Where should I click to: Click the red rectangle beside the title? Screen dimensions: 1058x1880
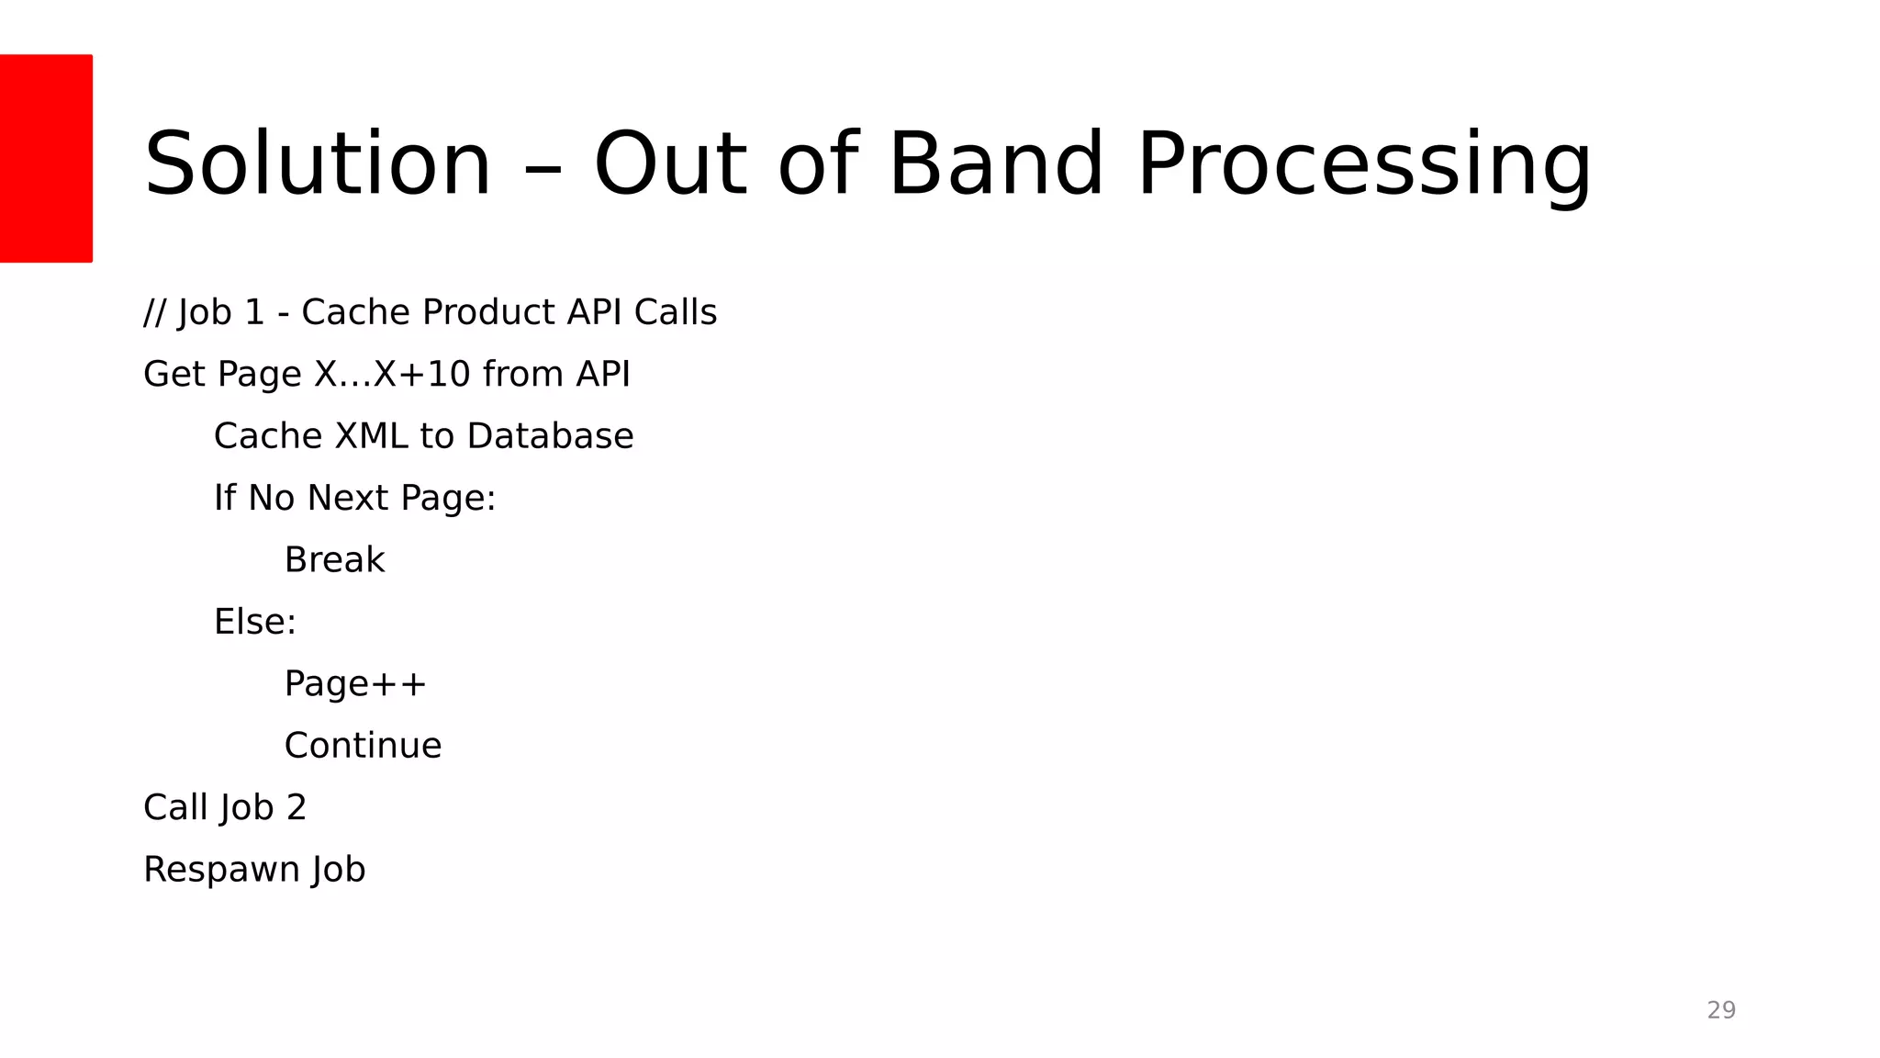click(46, 158)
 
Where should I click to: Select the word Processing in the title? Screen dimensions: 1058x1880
click(1364, 165)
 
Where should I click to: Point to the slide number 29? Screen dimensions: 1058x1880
click(1721, 1010)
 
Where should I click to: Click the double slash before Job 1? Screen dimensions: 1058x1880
click(154, 312)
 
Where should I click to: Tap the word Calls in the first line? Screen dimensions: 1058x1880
click(676, 312)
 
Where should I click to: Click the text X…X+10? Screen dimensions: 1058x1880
click(392, 374)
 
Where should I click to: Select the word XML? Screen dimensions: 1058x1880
click(371, 436)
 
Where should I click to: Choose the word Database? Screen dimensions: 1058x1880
click(550, 436)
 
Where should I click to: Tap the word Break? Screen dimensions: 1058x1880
click(334, 560)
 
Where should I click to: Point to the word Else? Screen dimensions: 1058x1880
click(255, 622)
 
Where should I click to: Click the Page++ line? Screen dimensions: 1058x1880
click(355, 684)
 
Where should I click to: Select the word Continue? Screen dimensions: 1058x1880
click(363, 746)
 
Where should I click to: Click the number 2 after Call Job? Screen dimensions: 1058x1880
click(296, 807)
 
